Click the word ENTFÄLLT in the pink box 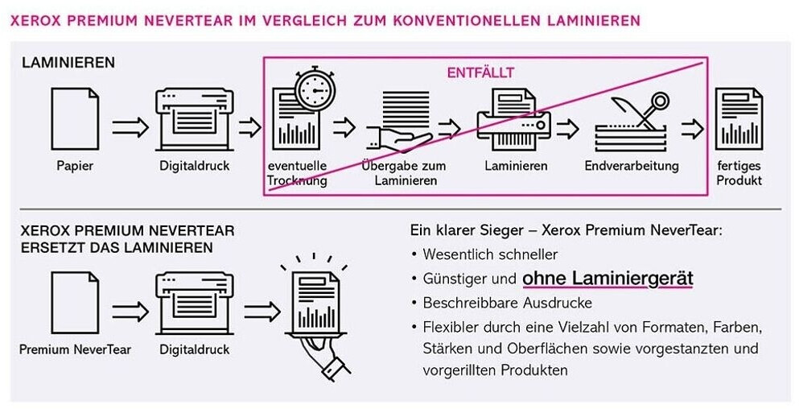tap(480, 72)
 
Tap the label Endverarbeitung tap(632, 166)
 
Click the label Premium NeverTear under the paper tap(75, 349)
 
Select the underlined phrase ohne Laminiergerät tap(607, 279)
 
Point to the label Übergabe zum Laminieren tap(404, 173)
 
